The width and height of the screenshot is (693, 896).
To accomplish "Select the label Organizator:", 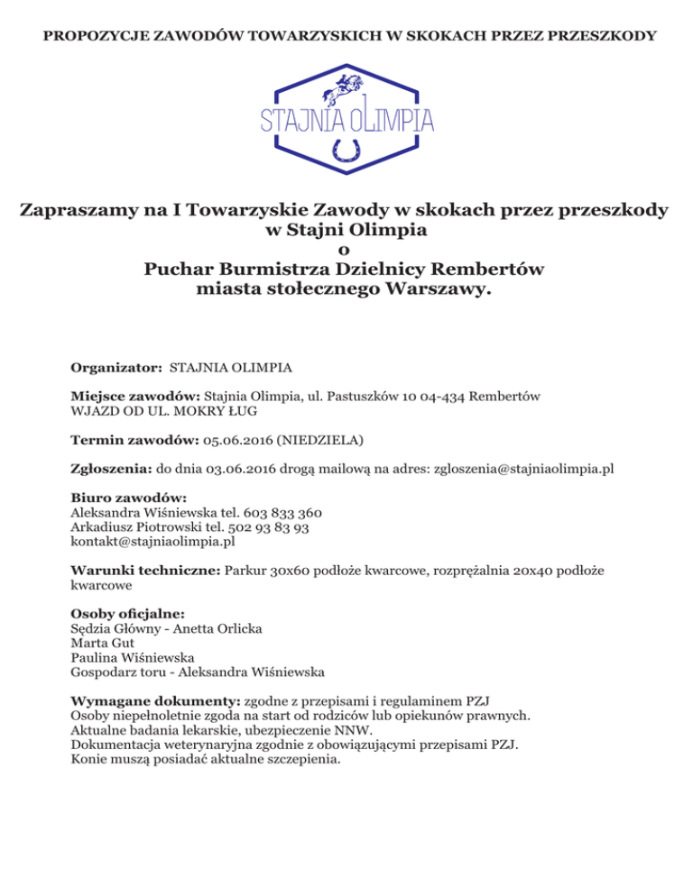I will [x=116, y=369].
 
